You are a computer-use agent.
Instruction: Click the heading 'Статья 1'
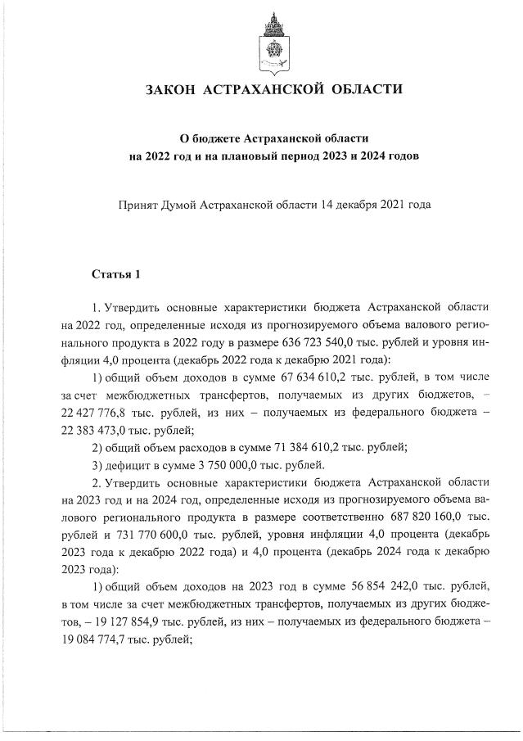(x=116, y=273)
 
